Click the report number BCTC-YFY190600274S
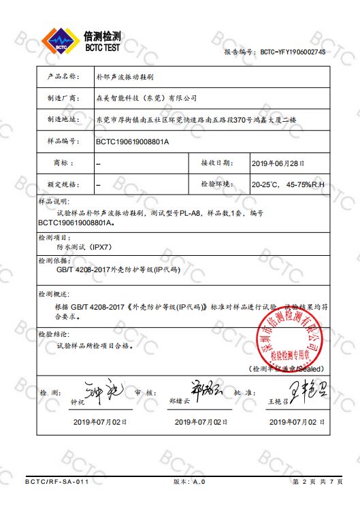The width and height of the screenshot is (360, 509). [x=293, y=52]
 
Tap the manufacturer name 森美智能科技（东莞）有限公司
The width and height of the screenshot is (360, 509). [x=146, y=98]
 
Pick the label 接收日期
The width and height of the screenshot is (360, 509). [x=216, y=163]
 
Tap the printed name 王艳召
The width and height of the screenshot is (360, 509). [x=279, y=402]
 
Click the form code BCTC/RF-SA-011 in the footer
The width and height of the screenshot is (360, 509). [x=57, y=482]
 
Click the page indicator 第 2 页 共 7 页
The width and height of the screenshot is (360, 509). [x=317, y=482]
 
